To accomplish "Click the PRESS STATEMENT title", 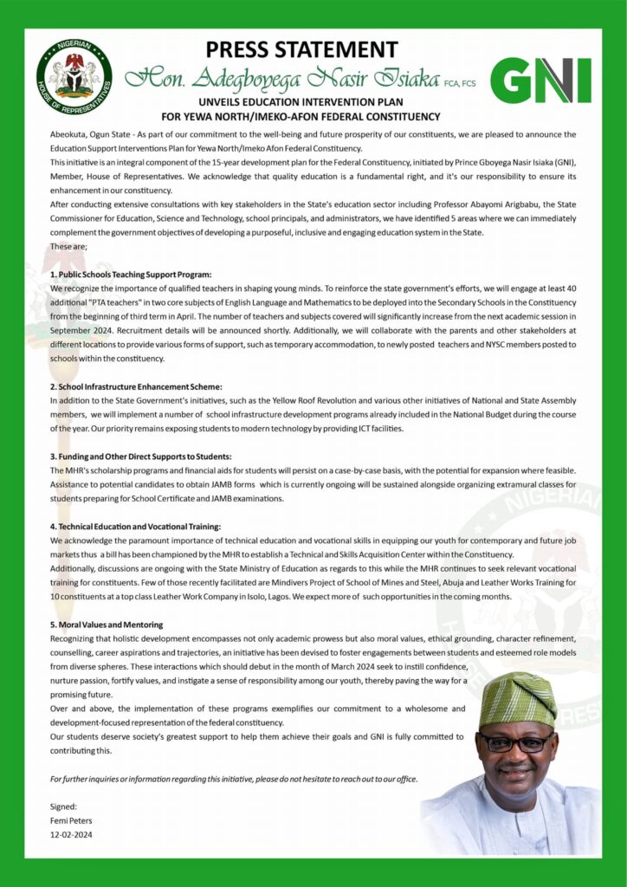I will (313, 49).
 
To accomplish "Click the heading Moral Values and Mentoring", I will (107, 624).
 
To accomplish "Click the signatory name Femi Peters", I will (70, 820).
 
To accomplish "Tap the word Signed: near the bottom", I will (63, 806).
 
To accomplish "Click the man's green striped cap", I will (517, 699).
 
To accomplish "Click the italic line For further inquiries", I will (234, 779).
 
